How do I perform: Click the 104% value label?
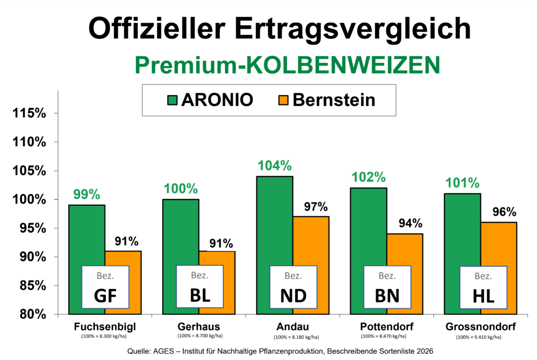pos(275,166)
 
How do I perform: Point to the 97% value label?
pos(316,207)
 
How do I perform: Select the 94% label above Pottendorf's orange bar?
pos(410,224)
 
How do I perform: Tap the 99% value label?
pos(87,195)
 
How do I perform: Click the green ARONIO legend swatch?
pos(172,100)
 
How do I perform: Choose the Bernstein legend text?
pos(334,100)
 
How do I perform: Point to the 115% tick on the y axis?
pos(29,113)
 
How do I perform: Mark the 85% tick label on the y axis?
pos(33,285)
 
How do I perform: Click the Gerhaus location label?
pos(199,327)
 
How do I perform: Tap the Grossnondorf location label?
pos(480,327)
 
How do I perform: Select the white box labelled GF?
pos(105,287)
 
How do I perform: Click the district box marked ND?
pos(294,287)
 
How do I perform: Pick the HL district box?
pos(483,287)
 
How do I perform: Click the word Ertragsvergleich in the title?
pos(353,29)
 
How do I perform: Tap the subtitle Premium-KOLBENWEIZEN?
pos(287,65)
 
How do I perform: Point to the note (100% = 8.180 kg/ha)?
pos(296,337)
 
